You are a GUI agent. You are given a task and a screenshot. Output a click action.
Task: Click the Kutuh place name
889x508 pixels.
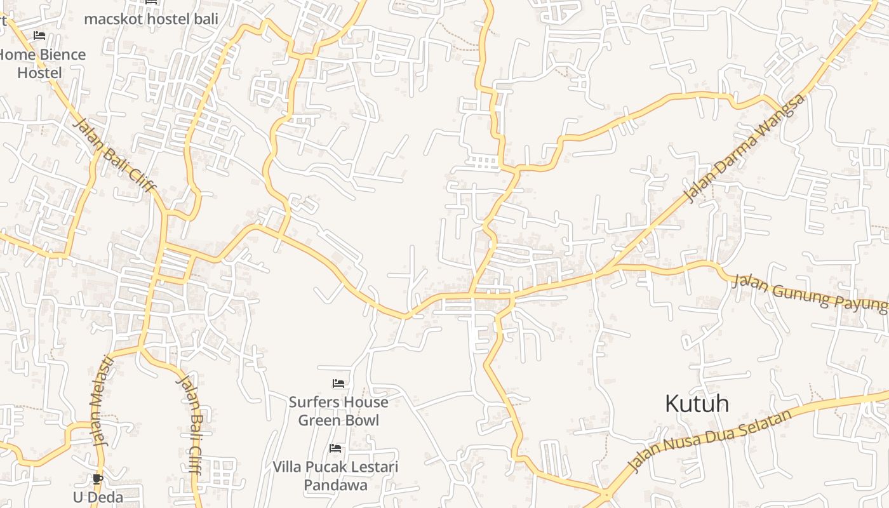pyautogui.click(x=697, y=404)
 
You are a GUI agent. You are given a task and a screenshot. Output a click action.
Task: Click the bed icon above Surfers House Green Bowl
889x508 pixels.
pyautogui.click(x=338, y=384)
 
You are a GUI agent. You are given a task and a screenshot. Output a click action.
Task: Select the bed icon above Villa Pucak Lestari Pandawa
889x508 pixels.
pyautogui.click(x=335, y=448)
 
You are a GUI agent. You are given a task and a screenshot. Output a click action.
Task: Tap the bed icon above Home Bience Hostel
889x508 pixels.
pyautogui.click(x=39, y=36)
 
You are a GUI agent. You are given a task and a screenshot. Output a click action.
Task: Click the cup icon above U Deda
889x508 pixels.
pyautogui.click(x=97, y=479)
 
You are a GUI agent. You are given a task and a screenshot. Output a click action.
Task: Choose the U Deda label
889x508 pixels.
pyautogui.click(x=98, y=497)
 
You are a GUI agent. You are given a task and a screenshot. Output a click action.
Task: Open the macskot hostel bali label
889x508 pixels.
pyautogui.click(x=151, y=19)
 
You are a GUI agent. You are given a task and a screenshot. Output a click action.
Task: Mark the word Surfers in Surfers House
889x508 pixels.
pyautogui.click(x=311, y=402)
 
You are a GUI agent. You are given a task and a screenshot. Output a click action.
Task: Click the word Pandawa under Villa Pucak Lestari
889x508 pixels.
pyautogui.click(x=335, y=485)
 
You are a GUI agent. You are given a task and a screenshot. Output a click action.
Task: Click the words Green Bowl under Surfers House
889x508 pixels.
pyautogui.click(x=338, y=420)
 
